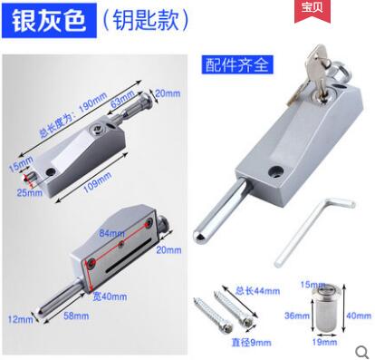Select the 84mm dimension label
(111, 235)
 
